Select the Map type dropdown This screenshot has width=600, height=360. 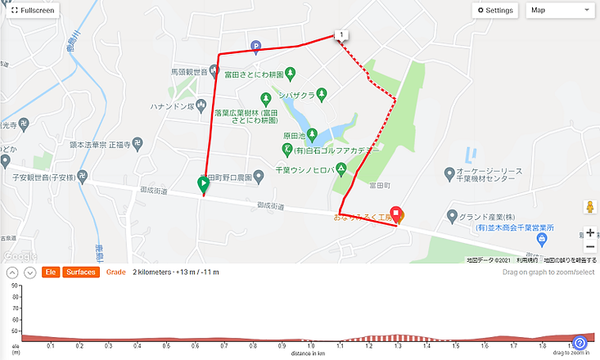coord(561,11)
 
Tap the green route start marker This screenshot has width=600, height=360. coord(203,185)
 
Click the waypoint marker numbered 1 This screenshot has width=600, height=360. coord(341,34)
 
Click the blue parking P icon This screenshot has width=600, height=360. coord(255,47)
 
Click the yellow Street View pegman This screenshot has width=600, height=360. coord(589,206)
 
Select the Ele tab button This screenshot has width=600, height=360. coord(50,272)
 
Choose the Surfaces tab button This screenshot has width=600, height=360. coord(80,272)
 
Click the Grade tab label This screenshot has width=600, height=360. coord(115,272)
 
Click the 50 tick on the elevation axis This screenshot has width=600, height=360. coord(15,287)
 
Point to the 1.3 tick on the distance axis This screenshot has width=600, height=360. coord(397,344)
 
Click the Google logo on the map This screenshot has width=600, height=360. coord(20,255)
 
